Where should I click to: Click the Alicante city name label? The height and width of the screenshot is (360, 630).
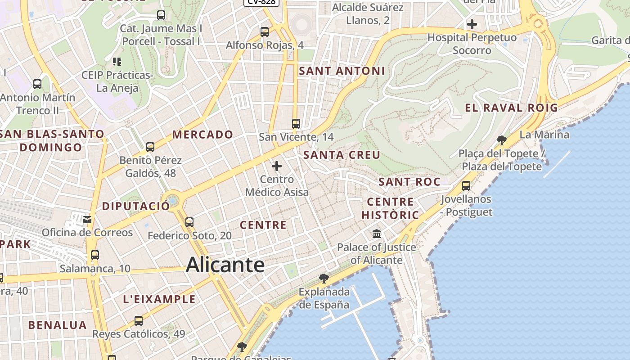pyautogui.click(x=225, y=265)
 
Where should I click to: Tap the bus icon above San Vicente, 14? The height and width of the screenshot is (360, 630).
pyautogui.click(x=296, y=124)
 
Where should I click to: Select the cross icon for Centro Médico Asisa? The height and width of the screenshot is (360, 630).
pyautogui.click(x=277, y=166)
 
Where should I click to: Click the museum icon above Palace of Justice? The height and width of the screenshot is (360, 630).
pyautogui.click(x=377, y=234)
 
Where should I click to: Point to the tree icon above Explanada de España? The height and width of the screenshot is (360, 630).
pyautogui.click(x=324, y=278)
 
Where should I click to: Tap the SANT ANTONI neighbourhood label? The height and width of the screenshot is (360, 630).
pyautogui.click(x=342, y=71)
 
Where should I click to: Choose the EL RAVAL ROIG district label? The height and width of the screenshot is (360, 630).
pyautogui.click(x=511, y=108)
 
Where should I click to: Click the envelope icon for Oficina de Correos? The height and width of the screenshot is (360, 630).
pyautogui.click(x=87, y=220)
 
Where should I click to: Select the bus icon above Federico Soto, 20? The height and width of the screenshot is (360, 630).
pyautogui.click(x=189, y=222)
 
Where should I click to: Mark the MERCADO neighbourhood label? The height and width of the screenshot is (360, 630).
pyautogui.click(x=202, y=135)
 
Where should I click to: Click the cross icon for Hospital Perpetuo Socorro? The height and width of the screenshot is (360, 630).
pyautogui.click(x=472, y=24)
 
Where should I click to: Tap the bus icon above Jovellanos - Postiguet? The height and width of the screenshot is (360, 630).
pyautogui.click(x=466, y=185)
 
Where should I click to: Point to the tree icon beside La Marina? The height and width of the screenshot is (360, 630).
pyautogui.click(x=502, y=140)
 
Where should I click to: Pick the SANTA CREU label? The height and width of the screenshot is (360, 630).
pyautogui.click(x=342, y=155)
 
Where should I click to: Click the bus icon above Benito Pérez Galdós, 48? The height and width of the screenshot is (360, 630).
pyautogui.click(x=150, y=147)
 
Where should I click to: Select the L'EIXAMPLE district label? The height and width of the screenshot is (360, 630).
pyautogui.click(x=159, y=300)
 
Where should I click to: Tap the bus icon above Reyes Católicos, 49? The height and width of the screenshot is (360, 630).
pyautogui.click(x=139, y=321)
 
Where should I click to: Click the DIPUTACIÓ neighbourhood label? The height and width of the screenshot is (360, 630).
pyautogui.click(x=136, y=207)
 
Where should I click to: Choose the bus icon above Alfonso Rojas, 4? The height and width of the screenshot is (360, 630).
pyautogui.click(x=265, y=32)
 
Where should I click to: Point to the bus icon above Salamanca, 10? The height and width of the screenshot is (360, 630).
pyautogui.click(x=95, y=255)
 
